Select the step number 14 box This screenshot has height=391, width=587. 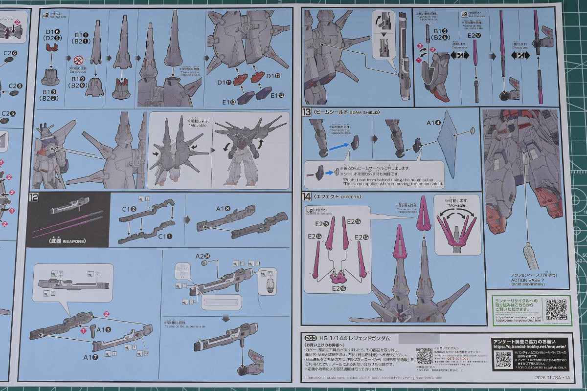[307, 196]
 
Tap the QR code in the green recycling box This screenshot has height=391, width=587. [555, 309]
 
